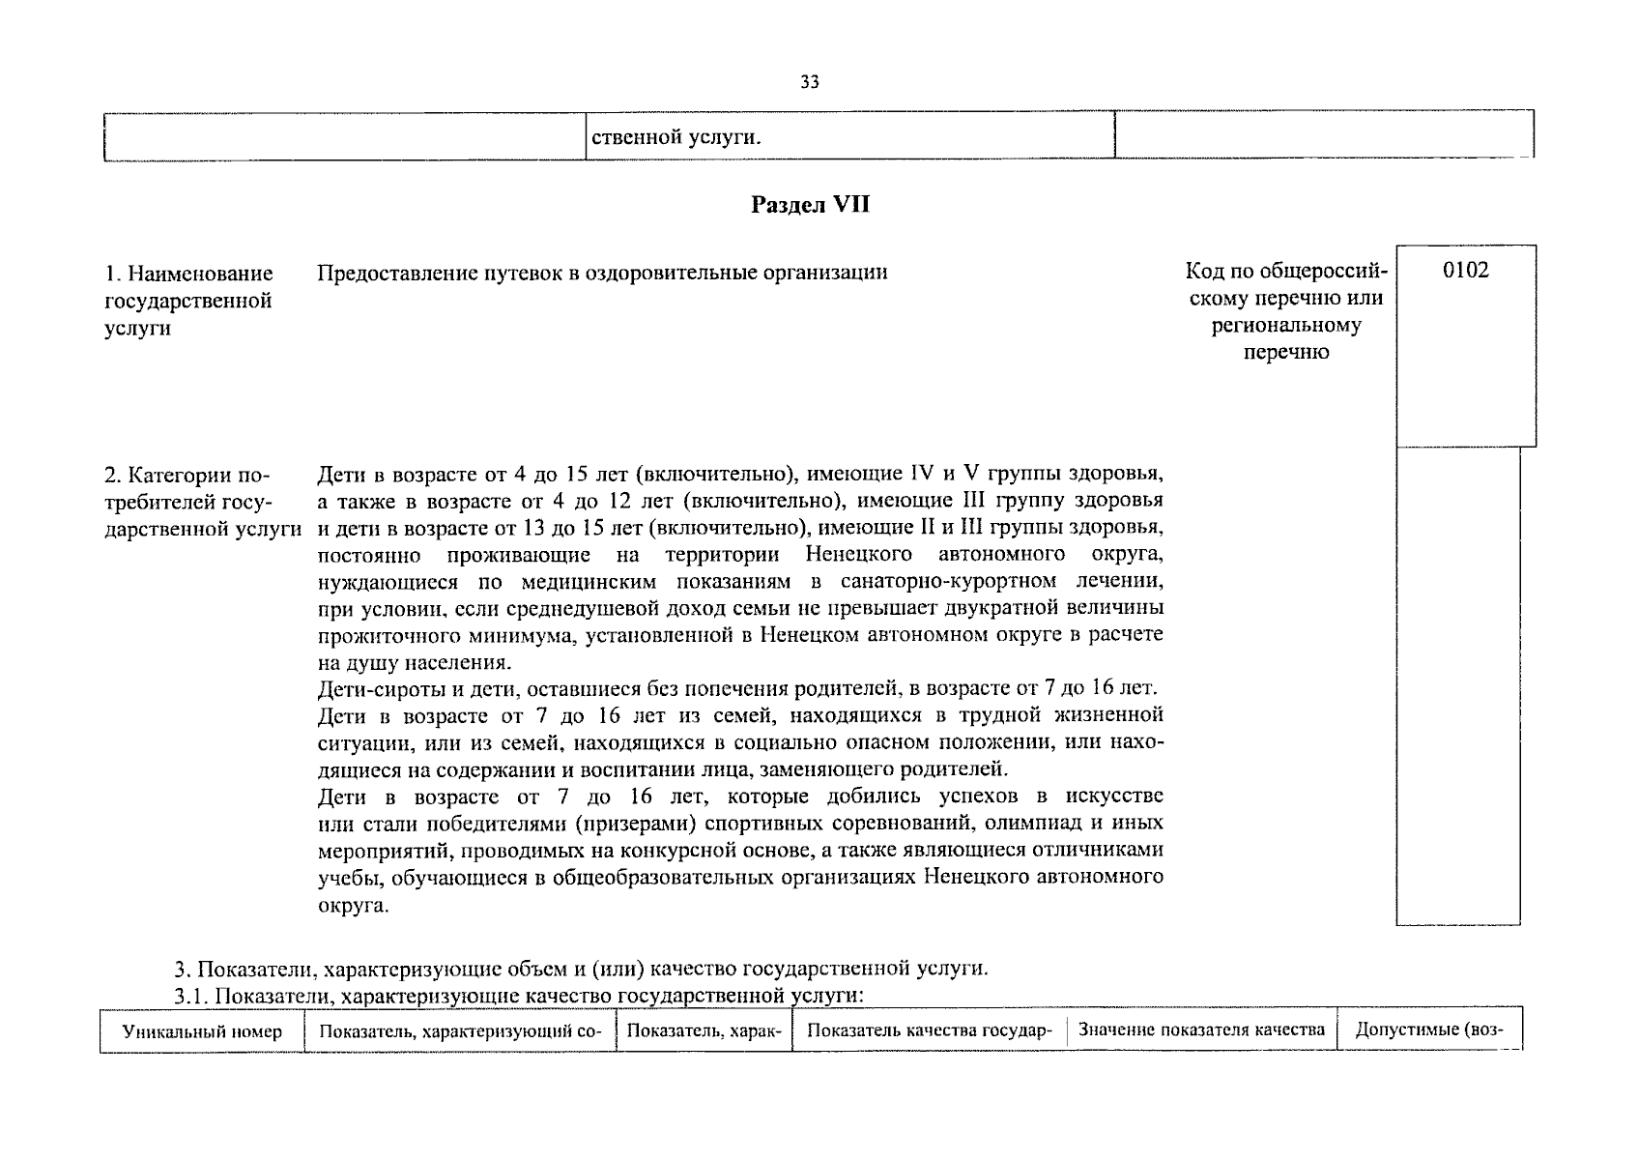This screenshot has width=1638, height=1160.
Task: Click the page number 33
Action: click(x=810, y=83)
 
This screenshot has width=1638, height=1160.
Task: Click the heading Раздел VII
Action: click(x=811, y=205)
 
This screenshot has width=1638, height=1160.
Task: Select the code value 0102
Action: click(x=1465, y=271)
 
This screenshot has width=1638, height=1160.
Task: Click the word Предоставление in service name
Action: click(x=381, y=273)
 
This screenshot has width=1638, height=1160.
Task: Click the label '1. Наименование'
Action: click(x=188, y=274)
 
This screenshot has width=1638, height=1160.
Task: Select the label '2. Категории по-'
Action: click(x=187, y=476)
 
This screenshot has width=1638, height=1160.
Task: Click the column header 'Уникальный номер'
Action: click(x=202, y=1031)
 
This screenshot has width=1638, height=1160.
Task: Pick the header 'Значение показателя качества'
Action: click(x=1201, y=1029)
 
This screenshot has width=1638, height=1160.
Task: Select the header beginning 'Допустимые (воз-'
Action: click(x=1429, y=1029)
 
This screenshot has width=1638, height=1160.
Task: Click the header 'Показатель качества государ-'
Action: click(x=928, y=1030)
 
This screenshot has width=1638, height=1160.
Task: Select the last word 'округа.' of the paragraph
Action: click(x=353, y=907)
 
